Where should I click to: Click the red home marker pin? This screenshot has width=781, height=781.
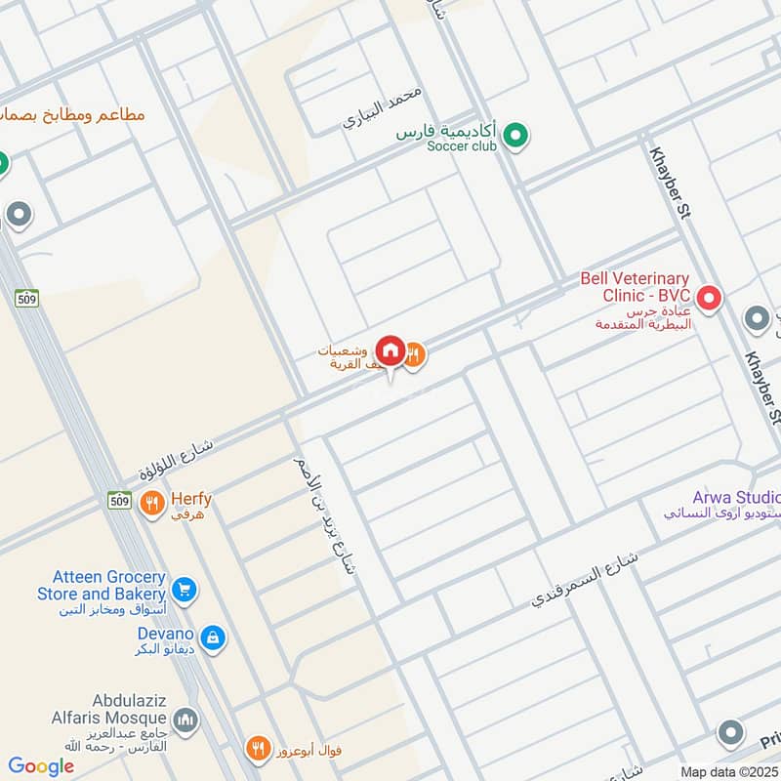(390, 350)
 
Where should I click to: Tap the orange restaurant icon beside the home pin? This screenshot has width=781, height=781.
(414, 355)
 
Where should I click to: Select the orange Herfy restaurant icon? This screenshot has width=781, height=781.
(150, 505)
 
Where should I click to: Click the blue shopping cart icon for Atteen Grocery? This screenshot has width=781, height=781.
(183, 590)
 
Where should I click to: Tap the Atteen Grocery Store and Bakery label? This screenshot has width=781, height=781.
(102, 586)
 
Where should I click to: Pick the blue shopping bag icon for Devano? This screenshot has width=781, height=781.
(213, 639)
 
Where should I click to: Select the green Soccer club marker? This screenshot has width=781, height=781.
(515, 137)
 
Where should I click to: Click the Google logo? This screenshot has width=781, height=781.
(41, 766)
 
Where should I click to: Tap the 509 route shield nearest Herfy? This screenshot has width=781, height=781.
(119, 499)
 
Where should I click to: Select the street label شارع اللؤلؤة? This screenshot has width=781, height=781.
(176, 459)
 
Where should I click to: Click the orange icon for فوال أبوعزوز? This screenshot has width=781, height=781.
(258, 750)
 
